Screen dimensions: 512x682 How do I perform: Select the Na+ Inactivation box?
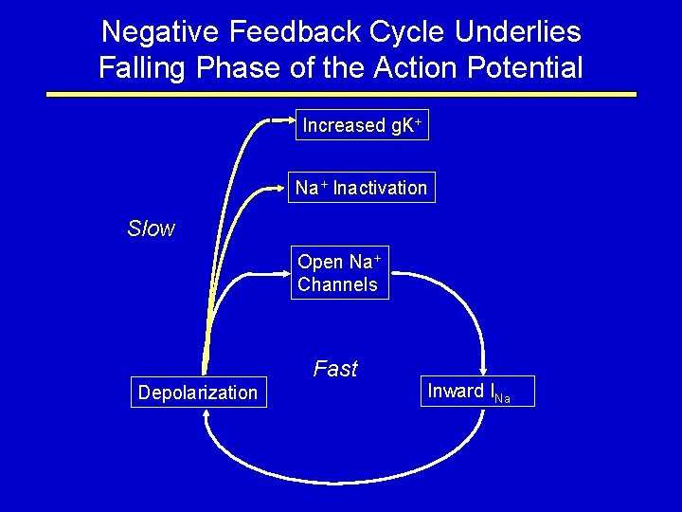click(361, 188)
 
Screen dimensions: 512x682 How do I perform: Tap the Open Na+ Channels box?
click(339, 273)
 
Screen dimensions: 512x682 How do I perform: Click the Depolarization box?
click(198, 393)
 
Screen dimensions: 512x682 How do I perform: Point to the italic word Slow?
click(152, 229)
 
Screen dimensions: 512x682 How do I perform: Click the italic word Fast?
click(335, 369)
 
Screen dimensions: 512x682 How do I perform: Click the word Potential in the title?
click(524, 68)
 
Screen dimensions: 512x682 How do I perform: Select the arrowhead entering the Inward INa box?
click(486, 371)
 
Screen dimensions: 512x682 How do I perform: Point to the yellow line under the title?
click(341, 95)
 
